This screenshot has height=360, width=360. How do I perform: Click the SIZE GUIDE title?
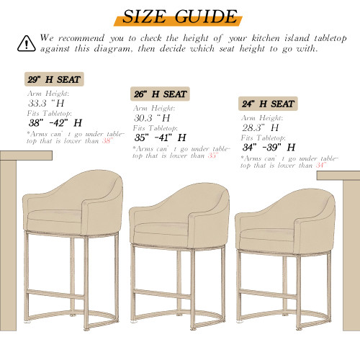coord(180,16)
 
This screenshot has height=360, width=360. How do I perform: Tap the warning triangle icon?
coord(26,42)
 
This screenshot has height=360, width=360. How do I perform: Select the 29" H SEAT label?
coord(54,79)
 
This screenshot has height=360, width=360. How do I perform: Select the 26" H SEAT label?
coord(161,94)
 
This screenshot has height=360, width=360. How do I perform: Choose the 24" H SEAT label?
coord(268,103)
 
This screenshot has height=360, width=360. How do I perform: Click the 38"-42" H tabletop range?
coord(55,122)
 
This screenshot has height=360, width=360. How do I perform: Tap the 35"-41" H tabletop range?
coord(160,137)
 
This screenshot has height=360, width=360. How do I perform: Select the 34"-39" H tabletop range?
coord(269,146)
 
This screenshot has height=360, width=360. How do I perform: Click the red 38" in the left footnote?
coord(107,141)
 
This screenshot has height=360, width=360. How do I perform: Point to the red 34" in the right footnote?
coord(320,165)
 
